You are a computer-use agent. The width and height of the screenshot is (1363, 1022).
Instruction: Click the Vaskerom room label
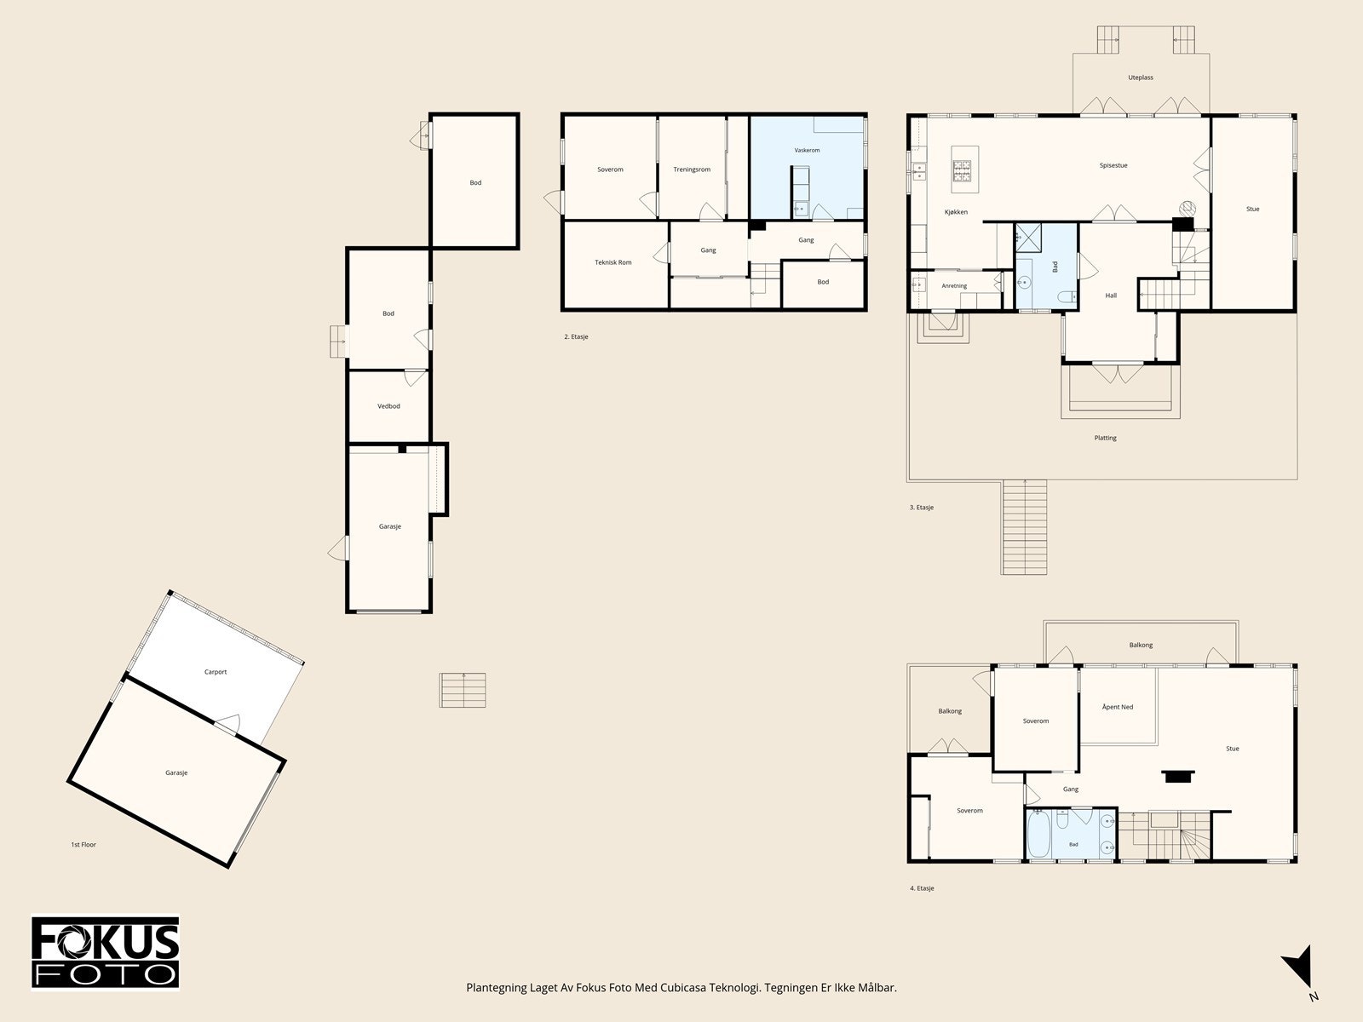click(x=807, y=150)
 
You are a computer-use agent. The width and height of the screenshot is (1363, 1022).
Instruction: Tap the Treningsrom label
click(x=692, y=169)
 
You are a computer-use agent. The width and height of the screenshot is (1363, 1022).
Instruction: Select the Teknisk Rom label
click(x=612, y=262)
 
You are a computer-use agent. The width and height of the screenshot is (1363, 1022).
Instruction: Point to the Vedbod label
click(x=388, y=406)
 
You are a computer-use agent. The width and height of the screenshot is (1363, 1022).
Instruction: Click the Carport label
click(x=216, y=672)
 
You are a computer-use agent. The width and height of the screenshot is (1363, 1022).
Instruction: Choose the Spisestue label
click(x=1113, y=166)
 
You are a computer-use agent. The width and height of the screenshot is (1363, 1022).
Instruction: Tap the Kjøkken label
click(x=957, y=212)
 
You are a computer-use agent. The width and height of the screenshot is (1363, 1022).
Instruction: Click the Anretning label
click(x=954, y=286)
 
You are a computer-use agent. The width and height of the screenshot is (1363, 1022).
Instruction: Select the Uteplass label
click(x=1141, y=78)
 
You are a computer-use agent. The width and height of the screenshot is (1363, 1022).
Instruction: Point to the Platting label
click(x=1105, y=438)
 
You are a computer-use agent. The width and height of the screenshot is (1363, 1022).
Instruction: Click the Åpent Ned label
click(x=1118, y=707)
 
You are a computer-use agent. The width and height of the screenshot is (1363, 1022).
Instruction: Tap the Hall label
click(x=1111, y=296)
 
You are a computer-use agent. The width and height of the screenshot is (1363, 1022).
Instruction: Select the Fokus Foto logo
click(x=105, y=953)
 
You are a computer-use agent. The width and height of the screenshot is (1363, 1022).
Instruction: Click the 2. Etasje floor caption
click(x=576, y=337)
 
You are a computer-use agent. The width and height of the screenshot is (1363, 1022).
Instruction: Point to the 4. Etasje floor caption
click(x=922, y=888)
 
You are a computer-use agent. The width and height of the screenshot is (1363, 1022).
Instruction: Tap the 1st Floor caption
click(x=83, y=845)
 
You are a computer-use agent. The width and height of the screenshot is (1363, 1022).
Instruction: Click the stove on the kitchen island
click(x=962, y=171)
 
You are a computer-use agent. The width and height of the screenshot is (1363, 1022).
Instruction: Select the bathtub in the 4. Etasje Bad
click(x=1038, y=834)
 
